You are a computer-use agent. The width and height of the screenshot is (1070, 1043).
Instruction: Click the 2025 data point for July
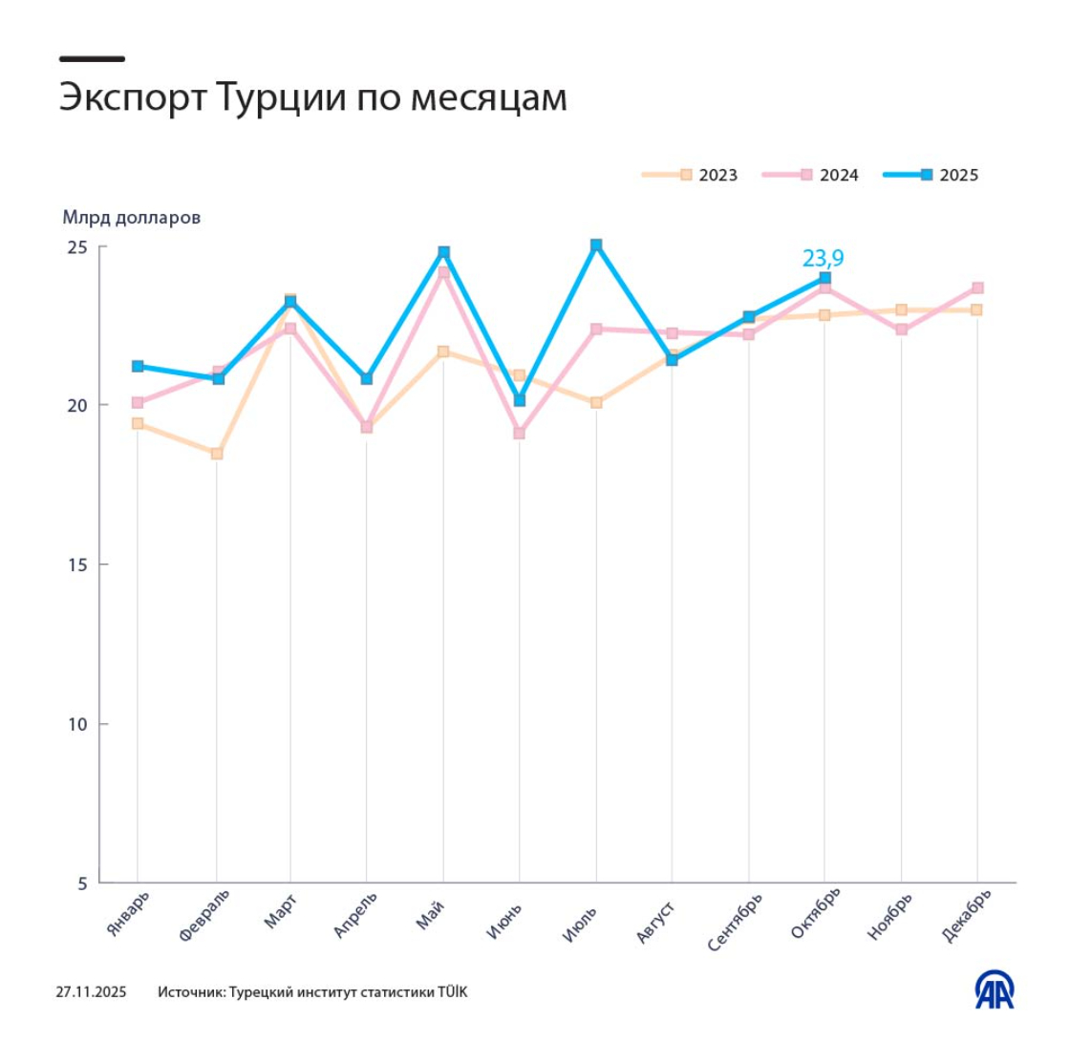(596, 245)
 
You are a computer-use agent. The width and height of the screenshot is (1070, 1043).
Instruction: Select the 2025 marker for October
(824, 278)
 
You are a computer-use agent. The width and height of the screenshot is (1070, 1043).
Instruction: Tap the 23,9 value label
(823, 258)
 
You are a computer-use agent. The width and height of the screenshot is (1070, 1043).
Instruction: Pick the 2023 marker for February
(217, 454)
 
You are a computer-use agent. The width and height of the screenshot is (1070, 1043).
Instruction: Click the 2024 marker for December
(977, 287)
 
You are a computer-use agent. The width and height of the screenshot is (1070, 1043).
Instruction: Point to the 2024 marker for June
(519, 434)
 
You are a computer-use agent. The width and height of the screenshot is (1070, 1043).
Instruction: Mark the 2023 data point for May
(443, 351)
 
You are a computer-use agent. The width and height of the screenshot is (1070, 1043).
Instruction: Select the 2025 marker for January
(138, 366)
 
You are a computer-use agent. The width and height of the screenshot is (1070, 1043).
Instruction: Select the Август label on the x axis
(657, 920)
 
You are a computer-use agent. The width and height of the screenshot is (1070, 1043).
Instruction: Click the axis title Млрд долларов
(132, 217)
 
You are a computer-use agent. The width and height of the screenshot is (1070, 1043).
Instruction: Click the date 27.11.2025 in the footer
(91, 992)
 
